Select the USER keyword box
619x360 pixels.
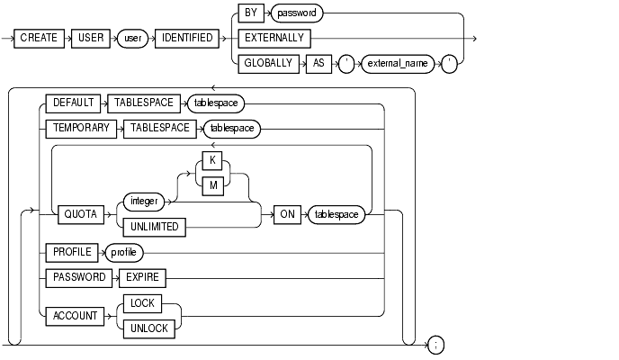click(94, 39)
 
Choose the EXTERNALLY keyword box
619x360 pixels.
click(274, 39)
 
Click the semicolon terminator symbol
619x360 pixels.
click(435, 344)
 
